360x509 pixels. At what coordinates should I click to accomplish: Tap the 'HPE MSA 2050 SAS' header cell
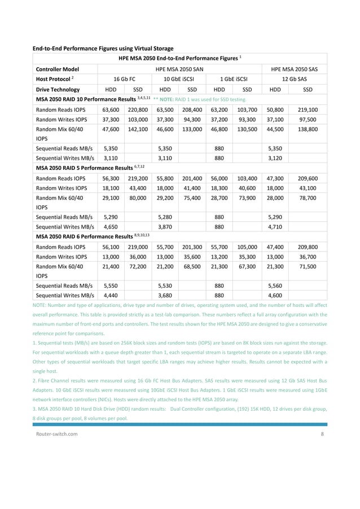(x=294, y=69)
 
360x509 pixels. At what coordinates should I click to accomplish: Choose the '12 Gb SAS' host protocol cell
(x=294, y=79)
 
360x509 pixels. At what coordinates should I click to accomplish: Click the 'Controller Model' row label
(x=58, y=69)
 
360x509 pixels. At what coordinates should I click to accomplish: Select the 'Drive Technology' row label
(x=58, y=89)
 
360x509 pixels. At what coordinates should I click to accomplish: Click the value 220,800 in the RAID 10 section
(x=137, y=110)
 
